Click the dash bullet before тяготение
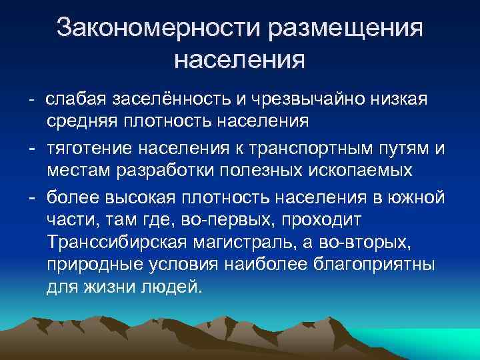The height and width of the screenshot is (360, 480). pos(32,147)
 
